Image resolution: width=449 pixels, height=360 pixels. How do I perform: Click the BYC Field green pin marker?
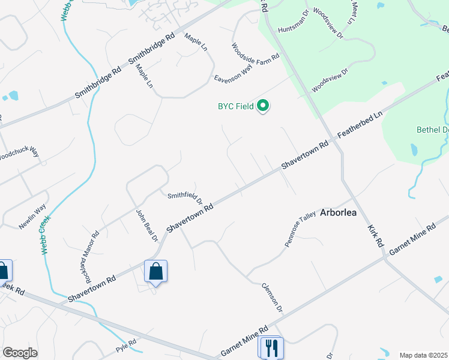click(x=263, y=106)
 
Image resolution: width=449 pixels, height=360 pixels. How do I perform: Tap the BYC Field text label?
click(x=235, y=107)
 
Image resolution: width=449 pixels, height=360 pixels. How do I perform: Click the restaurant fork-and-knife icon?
click(x=270, y=347)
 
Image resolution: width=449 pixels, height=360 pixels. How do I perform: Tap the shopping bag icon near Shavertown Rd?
click(x=156, y=271)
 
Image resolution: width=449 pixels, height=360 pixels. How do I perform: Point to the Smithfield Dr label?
click(x=185, y=196)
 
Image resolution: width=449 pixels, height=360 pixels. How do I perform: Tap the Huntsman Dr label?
click(x=293, y=29)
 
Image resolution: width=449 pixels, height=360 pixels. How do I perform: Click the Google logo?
click(x=20, y=353)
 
